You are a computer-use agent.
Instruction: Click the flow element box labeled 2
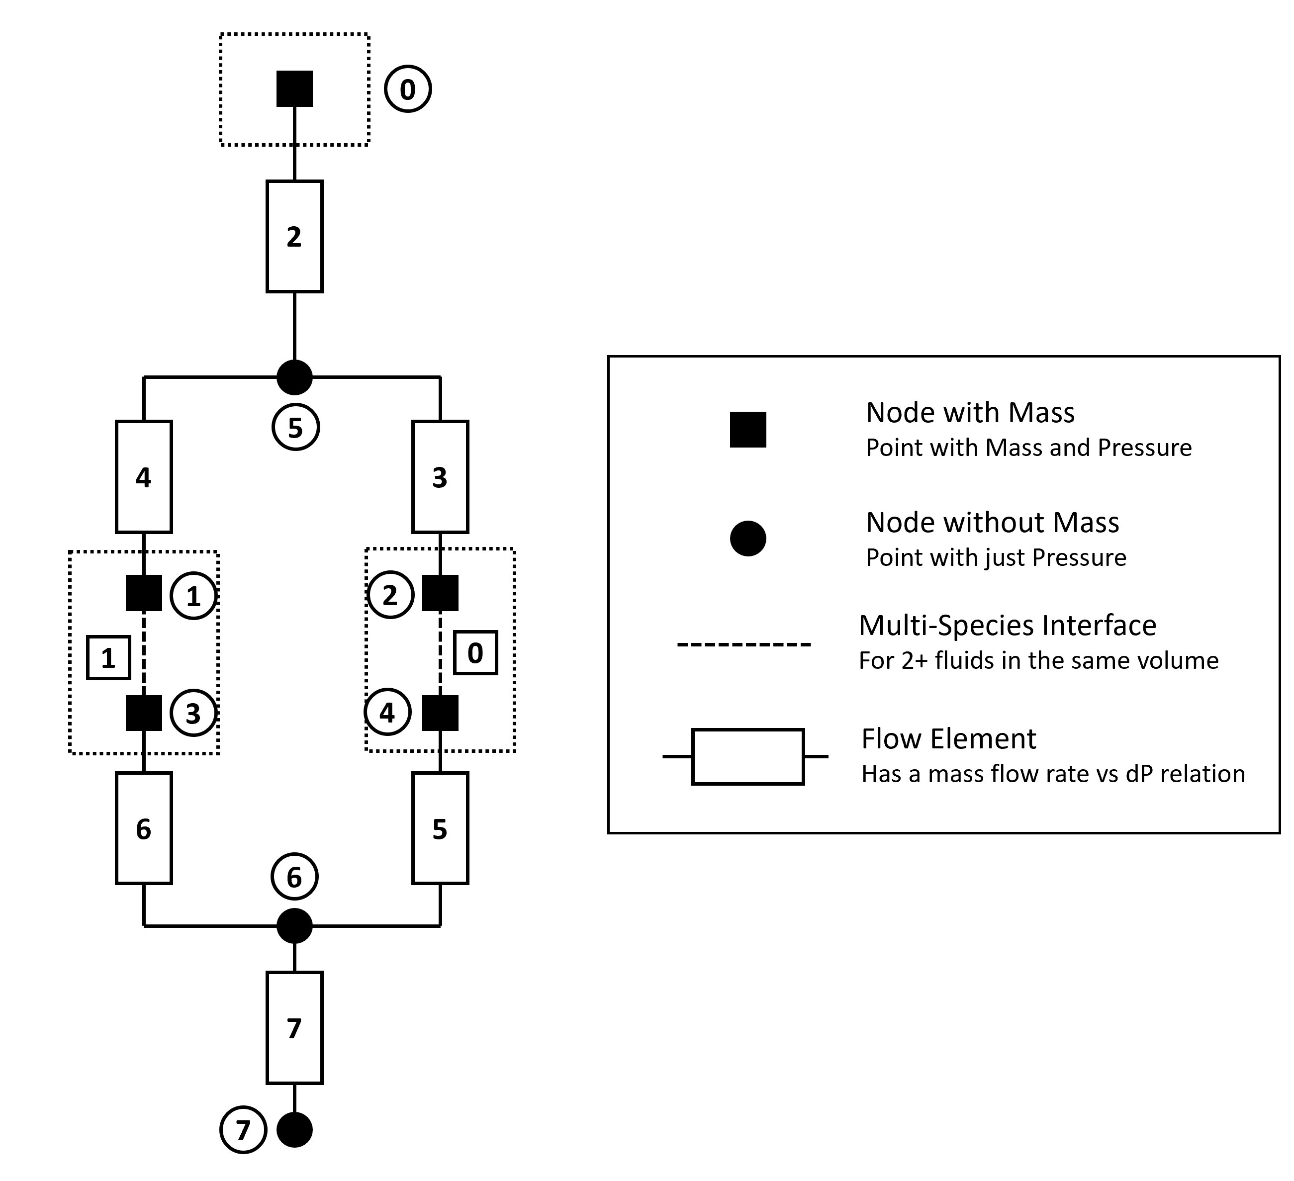pos(294,237)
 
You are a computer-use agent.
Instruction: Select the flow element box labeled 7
pos(294,1028)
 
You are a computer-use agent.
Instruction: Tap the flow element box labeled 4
pos(144,477)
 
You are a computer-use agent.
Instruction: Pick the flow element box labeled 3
pos(440,477)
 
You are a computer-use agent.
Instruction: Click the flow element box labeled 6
pos(144,828)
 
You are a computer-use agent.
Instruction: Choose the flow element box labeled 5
pos(440,828)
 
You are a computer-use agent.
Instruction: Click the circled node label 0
pos(408,89)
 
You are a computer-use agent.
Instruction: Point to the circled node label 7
pos(243,1130)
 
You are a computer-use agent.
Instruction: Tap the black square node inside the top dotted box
pos(294,89)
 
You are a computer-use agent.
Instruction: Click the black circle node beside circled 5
pos(294,377)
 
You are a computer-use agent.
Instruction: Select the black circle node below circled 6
pos(294,925)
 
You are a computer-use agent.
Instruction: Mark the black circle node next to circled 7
pos(294,1130)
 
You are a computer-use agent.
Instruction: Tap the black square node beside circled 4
pos(440,713)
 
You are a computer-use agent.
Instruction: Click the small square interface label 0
pos(475,653)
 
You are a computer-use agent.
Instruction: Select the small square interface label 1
pos(108,658)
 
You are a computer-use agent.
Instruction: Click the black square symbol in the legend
pos(748,430)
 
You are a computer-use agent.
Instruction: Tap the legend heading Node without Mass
pos(992,523)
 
